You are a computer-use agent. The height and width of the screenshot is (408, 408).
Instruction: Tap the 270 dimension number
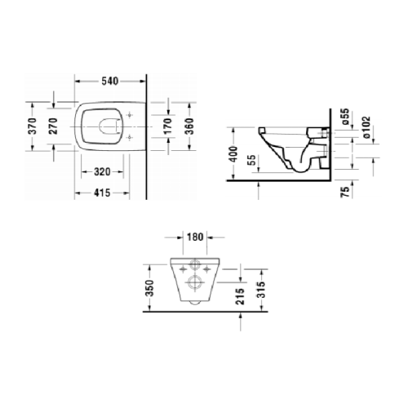(54, 126)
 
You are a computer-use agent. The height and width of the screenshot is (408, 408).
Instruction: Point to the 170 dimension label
(167, 126)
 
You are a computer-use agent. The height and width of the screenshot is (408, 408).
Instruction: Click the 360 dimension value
(188, 126)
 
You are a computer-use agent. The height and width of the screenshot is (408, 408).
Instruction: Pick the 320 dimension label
(104, 173)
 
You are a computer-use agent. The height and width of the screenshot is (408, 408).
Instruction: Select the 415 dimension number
(104, 193)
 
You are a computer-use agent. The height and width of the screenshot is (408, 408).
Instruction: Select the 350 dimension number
(149, 288)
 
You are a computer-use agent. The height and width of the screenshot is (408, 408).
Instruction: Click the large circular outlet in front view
(194, 283)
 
